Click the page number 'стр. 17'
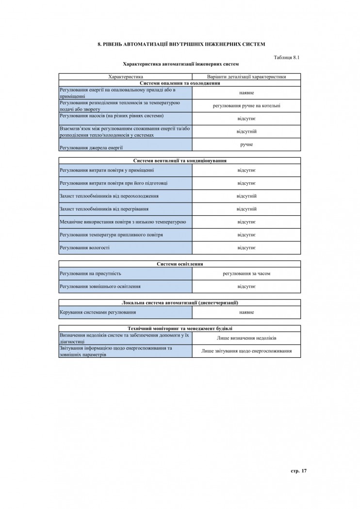pos(299,470)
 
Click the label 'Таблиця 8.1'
pos(287,57)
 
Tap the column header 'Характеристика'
pos(125,77)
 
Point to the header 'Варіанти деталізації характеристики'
pos(246,77)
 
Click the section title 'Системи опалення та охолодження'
pos(180,83)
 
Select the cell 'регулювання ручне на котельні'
pos(246,106)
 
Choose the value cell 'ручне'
pos(246,144)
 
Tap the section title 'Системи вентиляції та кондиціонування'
pos(180,160)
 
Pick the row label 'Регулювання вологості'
pos(84,248)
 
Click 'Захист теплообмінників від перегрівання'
pos(104,209)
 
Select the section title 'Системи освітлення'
pos(180,264)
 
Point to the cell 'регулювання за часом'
pos(246,273)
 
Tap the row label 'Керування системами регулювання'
pos(98,312)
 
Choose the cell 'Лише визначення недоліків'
pos(246,338)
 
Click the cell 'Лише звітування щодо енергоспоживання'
pos(246,351)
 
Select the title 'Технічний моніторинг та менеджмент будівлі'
pos(180,328)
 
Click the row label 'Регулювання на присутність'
pos(90,273)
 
